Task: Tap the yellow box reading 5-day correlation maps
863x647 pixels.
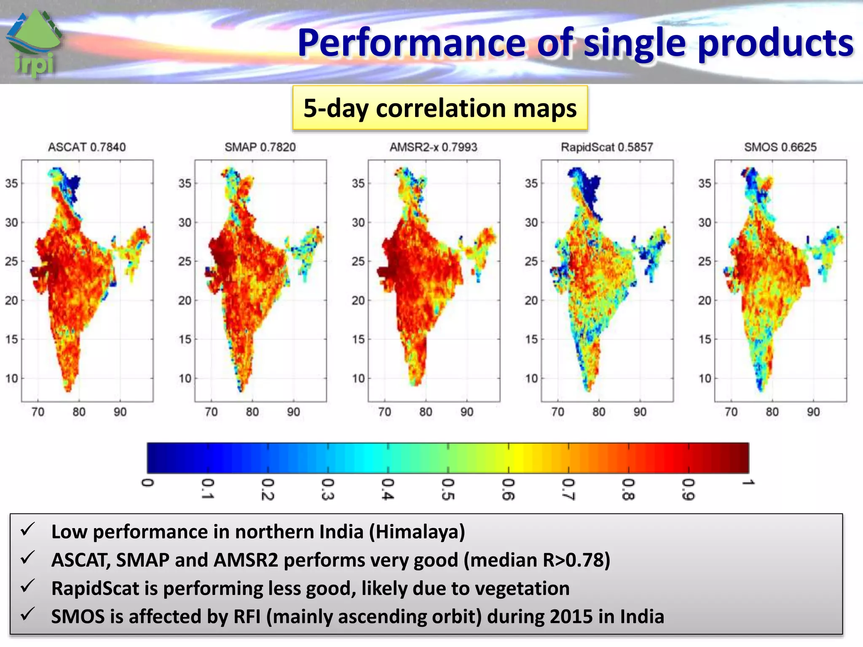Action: click(x=440, y=108)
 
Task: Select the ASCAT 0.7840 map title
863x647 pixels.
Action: click(x=87, y=147)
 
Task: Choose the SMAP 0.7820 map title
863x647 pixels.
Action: click(x=260, y=147)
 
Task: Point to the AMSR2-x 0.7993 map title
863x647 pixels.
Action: click(x=433, y=147)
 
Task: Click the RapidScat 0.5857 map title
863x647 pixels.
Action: click(x=607, y=147)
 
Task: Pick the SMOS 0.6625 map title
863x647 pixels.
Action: click(x=780, y=147)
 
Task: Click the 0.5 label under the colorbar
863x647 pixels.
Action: click(x=448, y=489)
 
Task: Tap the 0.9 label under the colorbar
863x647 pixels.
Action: click(x=688, y=489)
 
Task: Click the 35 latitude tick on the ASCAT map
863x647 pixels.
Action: click(x=11, y=183)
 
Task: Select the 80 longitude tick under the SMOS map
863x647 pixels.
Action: click(x=772, y=412)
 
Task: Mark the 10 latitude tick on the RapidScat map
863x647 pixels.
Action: click(x=531, y=378)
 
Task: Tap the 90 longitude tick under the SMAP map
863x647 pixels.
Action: click(x=293, y=412)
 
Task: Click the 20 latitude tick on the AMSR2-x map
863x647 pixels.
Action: click(x=358, y=300)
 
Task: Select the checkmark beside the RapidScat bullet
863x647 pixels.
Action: click(x=28, y=586)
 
